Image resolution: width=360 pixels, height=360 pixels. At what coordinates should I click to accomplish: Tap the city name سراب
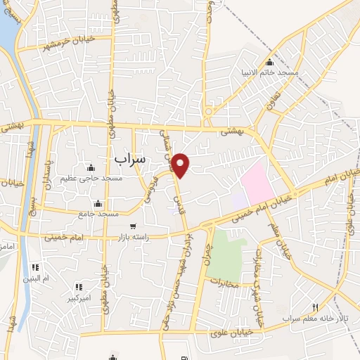pos(129,159)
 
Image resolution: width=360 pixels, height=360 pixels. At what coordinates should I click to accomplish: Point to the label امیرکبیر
pos(77,297)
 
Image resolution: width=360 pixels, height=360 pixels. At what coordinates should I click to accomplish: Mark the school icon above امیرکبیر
pos(78,287)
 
